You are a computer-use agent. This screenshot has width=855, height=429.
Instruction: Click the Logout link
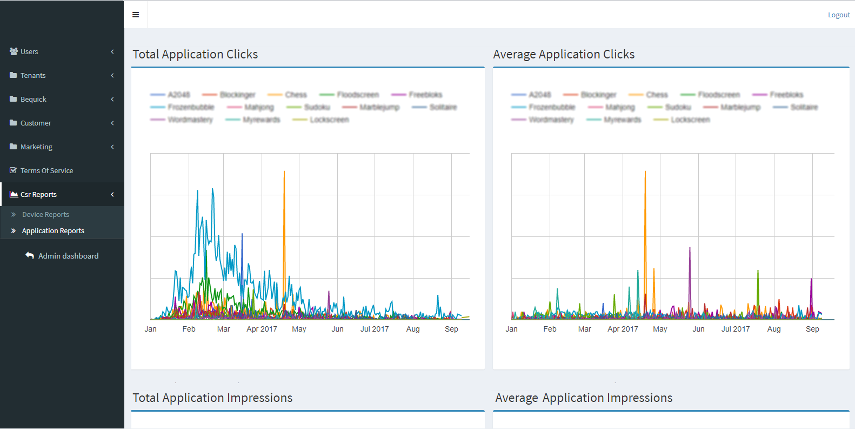[x=838, y=15]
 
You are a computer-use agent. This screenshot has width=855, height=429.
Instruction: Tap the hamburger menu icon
[x=136, y=15]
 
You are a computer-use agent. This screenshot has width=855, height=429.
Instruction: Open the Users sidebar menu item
[x=29, y=52]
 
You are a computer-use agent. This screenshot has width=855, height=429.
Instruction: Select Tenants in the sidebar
[x=33, y=76]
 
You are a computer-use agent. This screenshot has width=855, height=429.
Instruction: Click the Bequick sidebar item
[x=34, y=100]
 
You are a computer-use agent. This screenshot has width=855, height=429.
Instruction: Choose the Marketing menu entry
[x=36, y=147]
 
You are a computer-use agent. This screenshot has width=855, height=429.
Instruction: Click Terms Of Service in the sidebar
[x=46, y=171]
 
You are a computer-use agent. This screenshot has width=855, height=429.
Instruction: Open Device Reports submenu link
[x=45, y=215]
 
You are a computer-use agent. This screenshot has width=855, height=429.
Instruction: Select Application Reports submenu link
[x=53, y=231]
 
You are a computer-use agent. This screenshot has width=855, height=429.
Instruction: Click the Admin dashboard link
[x=68, y=256]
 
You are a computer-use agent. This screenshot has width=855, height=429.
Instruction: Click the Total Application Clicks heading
[x=195, y=55]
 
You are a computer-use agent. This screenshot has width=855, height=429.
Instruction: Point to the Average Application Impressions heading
[x=584, y=398]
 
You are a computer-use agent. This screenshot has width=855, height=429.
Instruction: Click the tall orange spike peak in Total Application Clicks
[x=284, y=172]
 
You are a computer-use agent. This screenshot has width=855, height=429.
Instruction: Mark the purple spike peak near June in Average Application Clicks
[x=690, y=248]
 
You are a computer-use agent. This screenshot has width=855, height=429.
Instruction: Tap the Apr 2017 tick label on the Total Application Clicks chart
[x=262, y=329]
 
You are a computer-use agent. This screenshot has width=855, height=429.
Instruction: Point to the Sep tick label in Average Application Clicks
[x=812, y=329]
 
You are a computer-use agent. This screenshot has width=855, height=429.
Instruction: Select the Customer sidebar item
[x=36, y=123]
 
